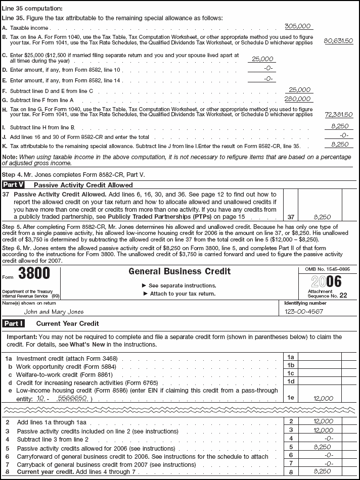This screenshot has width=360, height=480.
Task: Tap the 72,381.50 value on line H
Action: (338, 115)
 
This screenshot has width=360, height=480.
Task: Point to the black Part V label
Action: (14, 185)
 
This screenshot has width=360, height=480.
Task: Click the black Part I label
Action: (14, 323)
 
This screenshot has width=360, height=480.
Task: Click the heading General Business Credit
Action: (179, 271)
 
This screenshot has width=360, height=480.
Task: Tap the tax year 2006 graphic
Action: (327, 282)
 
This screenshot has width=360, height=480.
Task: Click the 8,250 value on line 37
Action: (322, 215)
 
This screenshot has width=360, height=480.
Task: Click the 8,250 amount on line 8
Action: (323, 471)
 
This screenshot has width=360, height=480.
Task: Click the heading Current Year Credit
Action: (67, 323)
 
